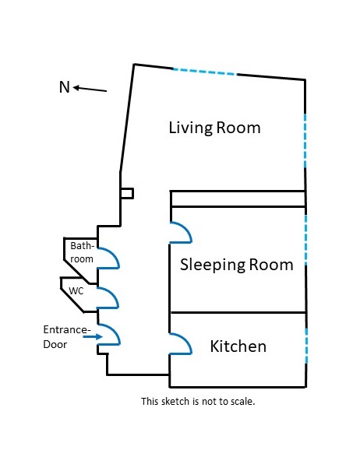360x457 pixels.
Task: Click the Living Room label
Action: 215,128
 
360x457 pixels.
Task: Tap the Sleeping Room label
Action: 237,265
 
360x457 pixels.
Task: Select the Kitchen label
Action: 238,346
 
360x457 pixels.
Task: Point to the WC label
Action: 76,291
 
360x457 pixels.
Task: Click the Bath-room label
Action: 82,252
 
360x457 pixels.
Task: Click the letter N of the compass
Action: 65,87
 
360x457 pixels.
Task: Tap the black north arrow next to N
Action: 90,89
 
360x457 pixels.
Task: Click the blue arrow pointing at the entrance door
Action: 93,336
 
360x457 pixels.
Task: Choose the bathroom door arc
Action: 115,256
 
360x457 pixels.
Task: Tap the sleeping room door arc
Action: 188,230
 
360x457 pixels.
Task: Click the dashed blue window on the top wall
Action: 205,72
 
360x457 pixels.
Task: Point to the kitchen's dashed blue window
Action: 306,346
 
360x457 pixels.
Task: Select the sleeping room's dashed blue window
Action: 305,241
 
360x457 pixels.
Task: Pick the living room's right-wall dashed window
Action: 305,141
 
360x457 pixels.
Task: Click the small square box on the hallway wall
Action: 127,194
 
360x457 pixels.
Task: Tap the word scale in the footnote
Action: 242,401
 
